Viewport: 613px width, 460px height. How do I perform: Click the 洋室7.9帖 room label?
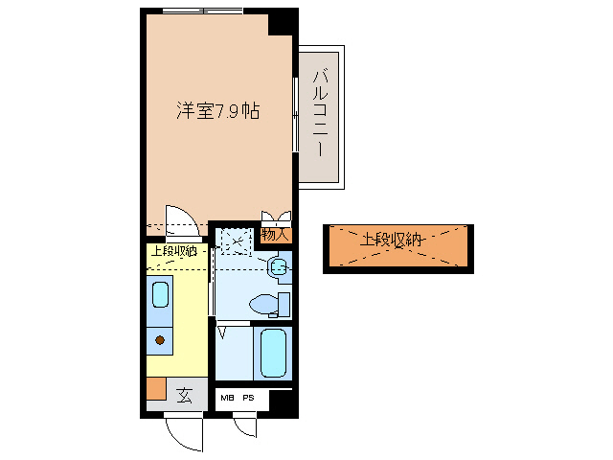point(216,111)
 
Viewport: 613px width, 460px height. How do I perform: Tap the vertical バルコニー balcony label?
point(321,112)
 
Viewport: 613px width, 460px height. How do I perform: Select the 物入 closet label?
point(275,233)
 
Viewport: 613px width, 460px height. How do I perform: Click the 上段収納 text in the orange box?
point(391,240)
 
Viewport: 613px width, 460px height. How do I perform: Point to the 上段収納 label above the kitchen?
point(172,251)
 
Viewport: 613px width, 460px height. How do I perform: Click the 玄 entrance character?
point(183,392)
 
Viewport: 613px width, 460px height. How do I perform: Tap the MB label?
point(228,398)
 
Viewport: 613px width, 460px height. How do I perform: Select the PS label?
point(248,398)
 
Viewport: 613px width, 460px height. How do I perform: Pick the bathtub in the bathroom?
point(274,354)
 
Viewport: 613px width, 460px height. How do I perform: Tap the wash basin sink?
point(278,267)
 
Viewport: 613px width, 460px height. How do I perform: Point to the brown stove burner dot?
point(160,339)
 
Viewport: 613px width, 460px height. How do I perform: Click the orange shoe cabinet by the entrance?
point(155,389)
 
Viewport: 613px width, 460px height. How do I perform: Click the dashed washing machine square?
point(233,240)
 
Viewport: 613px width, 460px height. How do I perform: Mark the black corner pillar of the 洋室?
point(282,22)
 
